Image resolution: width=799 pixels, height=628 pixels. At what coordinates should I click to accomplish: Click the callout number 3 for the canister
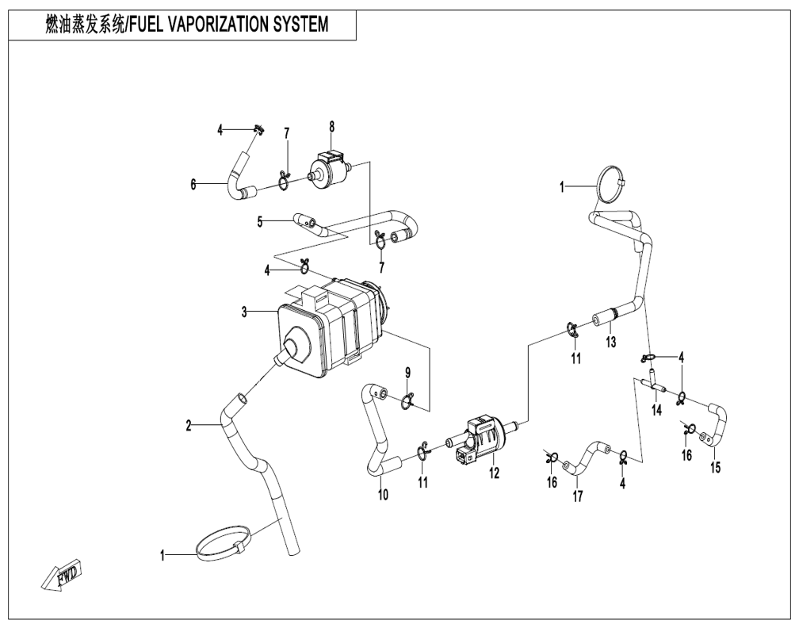(245, 312)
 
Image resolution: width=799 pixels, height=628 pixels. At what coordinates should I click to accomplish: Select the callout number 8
(331, 127)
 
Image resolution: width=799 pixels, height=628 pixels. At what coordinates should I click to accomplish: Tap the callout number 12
(495, 473)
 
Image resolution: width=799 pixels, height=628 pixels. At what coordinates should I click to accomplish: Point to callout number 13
(610, 342)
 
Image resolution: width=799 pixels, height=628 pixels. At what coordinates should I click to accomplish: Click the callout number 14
(657, 410)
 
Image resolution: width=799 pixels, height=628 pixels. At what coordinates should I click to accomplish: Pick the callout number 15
(716, 468)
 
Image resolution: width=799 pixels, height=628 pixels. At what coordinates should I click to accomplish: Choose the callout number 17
(577, 496)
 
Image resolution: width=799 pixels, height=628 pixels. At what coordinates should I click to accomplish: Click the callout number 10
(383, 494)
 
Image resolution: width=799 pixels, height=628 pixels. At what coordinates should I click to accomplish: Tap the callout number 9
(407, 373)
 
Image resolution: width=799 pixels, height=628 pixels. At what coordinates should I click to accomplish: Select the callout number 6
(193, 184)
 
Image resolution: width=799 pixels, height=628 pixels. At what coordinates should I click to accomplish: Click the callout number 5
(260, 222)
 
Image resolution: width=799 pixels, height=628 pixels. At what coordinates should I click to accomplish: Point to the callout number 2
(189, 426)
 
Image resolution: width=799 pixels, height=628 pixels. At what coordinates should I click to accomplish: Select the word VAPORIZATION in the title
(211, 25)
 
